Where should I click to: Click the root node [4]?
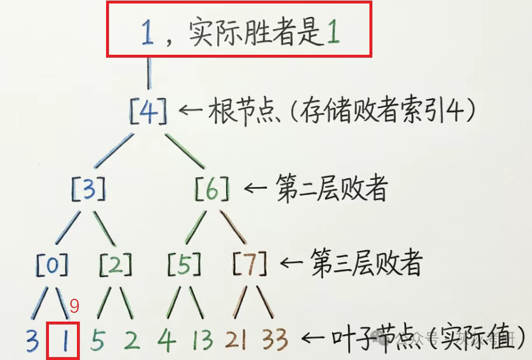[148, 110]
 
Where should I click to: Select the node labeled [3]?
[88, 189]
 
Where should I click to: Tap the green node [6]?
[212, 189]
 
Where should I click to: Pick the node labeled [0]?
[52, 264]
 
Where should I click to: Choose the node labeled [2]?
[115, 264]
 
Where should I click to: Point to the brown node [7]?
[250, 264]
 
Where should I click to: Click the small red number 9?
[74, 305]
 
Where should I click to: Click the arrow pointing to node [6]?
[255, 189]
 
